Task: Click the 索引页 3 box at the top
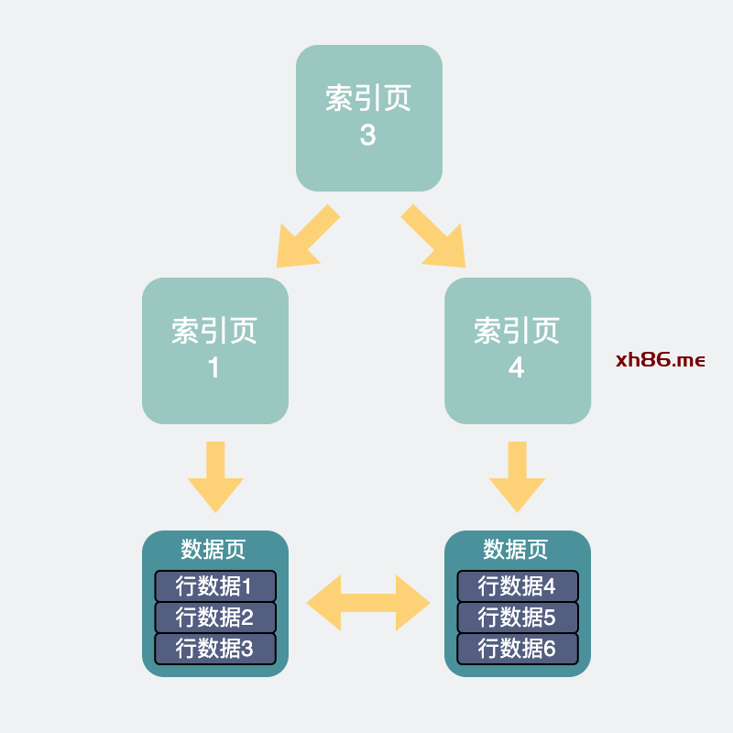click(x=368, y=117)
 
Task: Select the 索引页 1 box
click(x=214, y=350)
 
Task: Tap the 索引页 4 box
click(x=517, y=350)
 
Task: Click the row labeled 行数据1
click(x=214, y=586)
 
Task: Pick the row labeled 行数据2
click(x=214, y=618)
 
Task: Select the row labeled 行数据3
click(x=214, y=649)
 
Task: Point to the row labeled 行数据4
click(x=517, y=586)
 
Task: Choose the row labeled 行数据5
click(x=517, y=618)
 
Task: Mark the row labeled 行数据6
click(x=517, y=649)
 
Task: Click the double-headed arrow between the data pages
click(x=367, y=603)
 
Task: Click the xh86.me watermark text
click(x=660, y=359)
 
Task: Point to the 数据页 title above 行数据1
click(x=213, y=550)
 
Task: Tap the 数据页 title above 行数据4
click(x=516, y=550)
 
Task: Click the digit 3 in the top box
click(x=367, y=136)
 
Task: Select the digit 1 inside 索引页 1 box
click(x=213, y=368)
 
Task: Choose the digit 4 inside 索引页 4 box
click(x=516, y=368)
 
